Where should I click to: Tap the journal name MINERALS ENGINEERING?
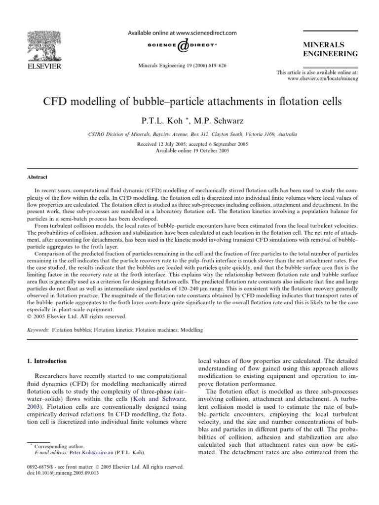point(330,49)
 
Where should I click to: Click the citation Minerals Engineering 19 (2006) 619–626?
point(182,66)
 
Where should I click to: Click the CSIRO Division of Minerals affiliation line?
point(189,134)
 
